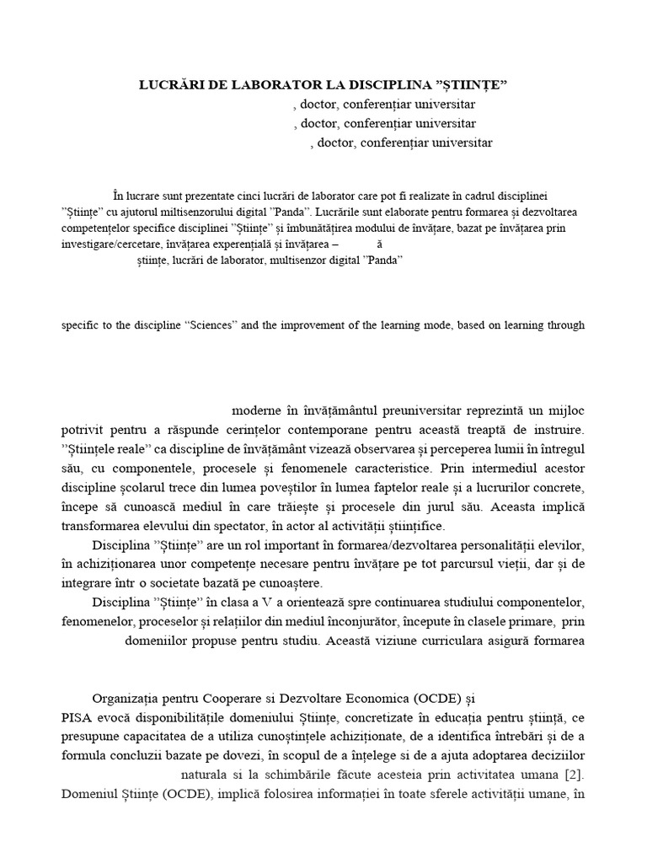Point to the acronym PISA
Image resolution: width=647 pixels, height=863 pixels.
coord(77,718)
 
